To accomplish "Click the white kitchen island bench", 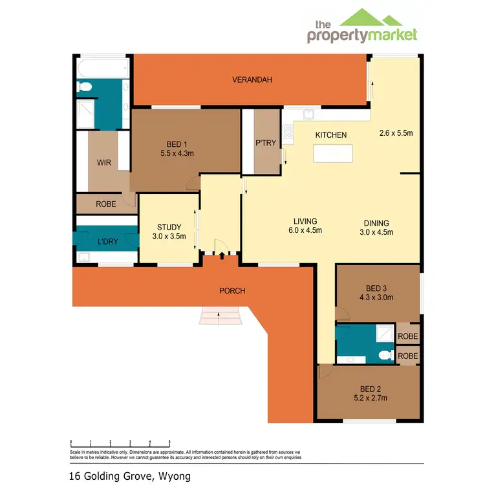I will (333, 153).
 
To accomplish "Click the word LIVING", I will (305, 221).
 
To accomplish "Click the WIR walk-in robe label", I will (104, 163).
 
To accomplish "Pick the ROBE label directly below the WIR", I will (105, 204).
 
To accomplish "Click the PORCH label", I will (232, 290).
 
